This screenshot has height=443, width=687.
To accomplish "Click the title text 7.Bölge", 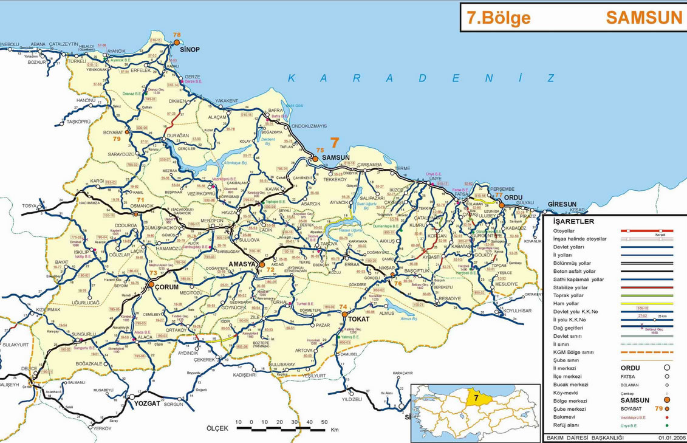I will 498,18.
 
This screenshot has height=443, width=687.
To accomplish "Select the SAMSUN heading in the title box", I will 644,18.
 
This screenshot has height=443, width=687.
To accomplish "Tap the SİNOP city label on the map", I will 190,49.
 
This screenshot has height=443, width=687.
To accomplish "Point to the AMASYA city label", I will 242,264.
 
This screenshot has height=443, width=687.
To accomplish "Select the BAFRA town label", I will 276,111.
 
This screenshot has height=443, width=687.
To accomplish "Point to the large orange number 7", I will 333,143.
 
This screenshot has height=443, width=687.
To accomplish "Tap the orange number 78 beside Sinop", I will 177,35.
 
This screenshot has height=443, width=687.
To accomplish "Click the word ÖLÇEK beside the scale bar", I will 217,428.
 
